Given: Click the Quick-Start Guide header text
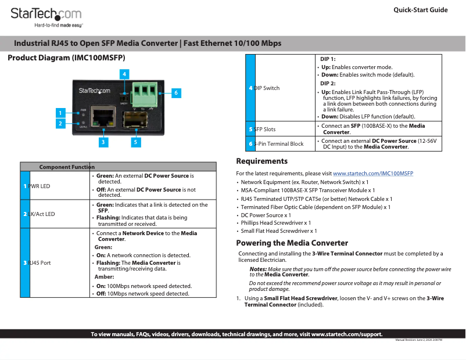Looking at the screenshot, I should point(421,10).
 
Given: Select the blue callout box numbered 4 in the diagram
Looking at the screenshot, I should point(124,74).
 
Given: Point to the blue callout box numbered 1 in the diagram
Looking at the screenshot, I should point(59,112).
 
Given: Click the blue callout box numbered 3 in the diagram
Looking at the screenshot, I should point(103,141).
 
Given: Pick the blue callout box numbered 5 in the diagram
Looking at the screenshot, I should point(135,141).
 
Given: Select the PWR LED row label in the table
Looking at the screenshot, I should point(39,186).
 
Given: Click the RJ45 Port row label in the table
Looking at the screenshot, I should point(40,263).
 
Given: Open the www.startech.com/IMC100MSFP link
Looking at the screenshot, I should point(372,174).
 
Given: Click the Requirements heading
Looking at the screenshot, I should point(261,161).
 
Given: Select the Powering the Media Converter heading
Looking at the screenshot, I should point(292,243).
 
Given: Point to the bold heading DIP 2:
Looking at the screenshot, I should point(328,84).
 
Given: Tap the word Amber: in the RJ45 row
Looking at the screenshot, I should point(104,277).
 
